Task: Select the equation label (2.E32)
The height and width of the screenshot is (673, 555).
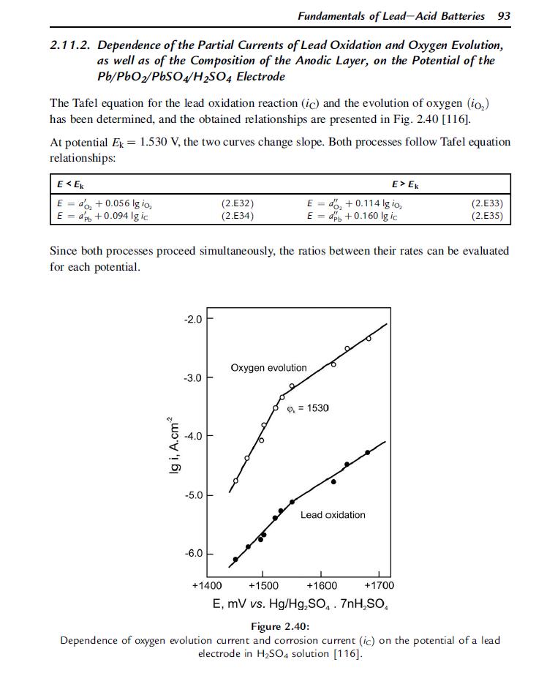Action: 237,203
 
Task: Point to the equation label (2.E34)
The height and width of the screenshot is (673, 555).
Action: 237,216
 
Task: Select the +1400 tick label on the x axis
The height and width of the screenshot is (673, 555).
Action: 206,585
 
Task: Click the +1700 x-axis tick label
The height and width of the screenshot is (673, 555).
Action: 379,585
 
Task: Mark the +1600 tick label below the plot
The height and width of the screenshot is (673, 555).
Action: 322,585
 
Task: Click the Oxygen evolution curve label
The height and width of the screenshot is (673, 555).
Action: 268,367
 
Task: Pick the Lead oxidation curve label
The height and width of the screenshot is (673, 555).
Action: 333,515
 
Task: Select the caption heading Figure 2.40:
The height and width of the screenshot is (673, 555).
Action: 280,626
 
